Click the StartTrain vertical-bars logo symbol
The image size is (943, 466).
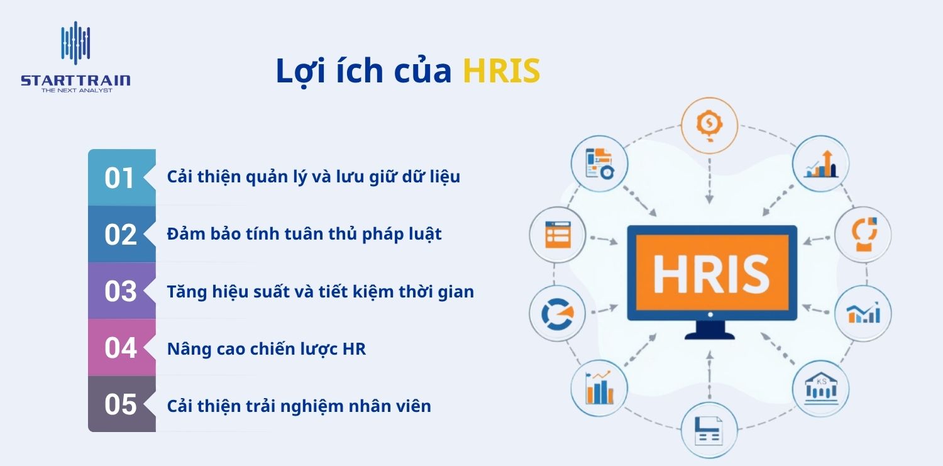click(75, 45)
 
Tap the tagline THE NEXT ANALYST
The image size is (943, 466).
click(76, 91)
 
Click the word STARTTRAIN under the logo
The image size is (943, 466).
click(75, 80)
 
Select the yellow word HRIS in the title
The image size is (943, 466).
click(501, 71)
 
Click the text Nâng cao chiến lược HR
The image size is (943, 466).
click(266, 349)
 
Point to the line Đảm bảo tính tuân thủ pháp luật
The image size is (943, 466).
click(304, 235)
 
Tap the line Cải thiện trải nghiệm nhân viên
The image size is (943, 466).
click(299, 406)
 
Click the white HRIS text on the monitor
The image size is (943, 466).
click(711, 274)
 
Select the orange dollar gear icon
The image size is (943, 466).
click(709, 124)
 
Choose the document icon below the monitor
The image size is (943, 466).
click(709, 432)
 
